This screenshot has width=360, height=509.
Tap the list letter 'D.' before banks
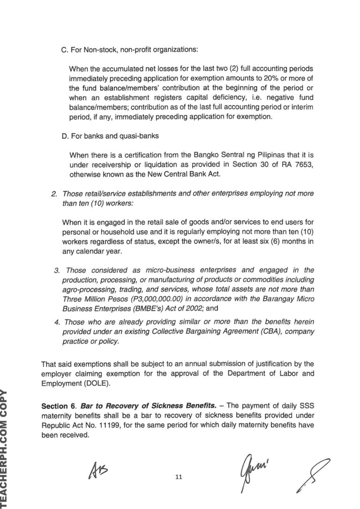[x=65, y=137]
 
